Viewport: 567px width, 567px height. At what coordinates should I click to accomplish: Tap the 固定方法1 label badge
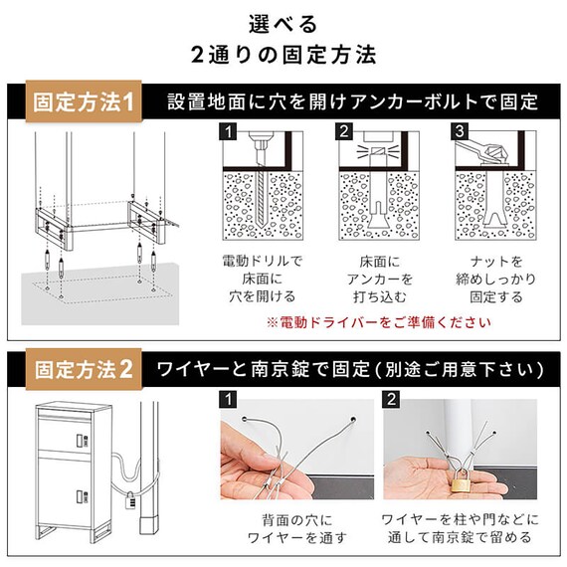click(85, 101)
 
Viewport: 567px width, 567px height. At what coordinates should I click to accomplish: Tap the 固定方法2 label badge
click(85, 369)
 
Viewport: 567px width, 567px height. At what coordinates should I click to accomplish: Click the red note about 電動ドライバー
click(377, 322)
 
